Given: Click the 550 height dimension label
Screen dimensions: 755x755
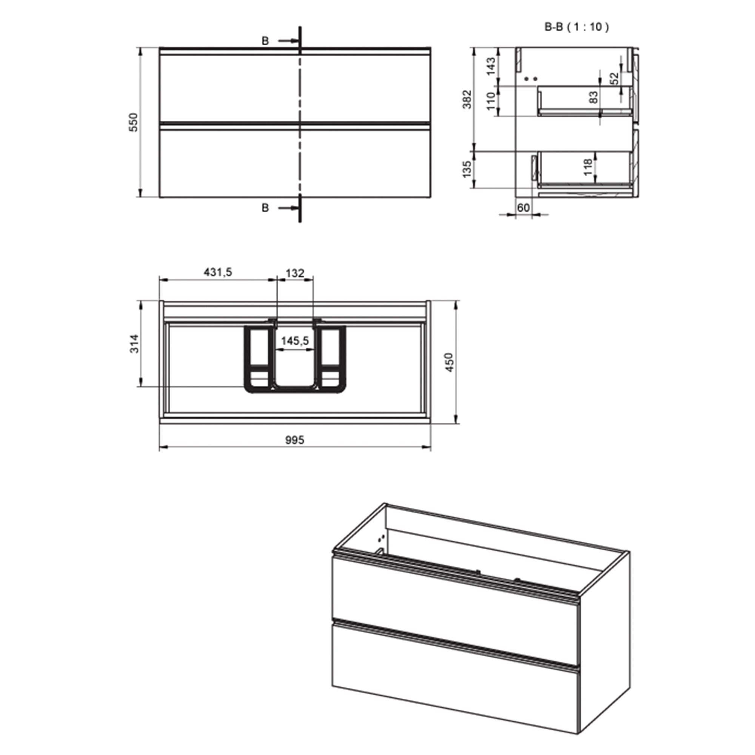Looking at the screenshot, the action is coord(134,122).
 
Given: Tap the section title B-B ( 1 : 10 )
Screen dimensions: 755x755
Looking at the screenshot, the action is coord(577,27).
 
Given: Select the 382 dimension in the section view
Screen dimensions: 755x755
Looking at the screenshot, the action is coord(467,99).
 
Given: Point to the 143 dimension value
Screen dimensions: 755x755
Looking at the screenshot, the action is coord(491,66).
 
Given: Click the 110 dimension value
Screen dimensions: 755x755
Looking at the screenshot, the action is coord(491,101).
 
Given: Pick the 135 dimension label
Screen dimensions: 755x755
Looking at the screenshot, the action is coord(467,169).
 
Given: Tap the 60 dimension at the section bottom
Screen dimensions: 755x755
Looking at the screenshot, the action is coord(523,208).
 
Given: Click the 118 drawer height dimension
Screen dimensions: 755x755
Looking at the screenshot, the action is coord(588,167).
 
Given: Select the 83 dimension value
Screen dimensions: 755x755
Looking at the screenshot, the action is coord(593,97).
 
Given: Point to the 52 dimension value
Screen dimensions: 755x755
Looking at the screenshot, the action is coord(614,79).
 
